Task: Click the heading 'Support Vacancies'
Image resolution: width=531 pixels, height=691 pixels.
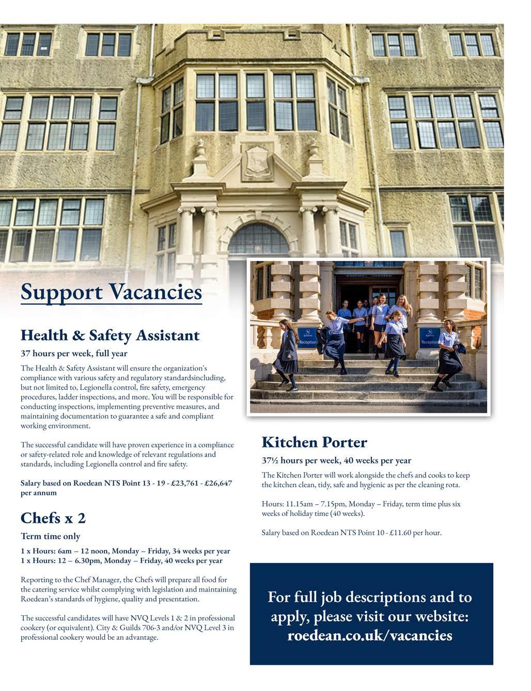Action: pos(111,292)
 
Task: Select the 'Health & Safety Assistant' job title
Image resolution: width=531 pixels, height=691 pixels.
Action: pos(110,335)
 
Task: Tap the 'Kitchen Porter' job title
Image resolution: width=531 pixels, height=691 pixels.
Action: pos(314,442)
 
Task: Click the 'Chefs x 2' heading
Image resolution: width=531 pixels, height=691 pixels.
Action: pos(53,518)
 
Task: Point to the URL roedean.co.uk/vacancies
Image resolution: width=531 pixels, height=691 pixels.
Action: pos(369,635)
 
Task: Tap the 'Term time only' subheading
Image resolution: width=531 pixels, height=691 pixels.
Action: pos(51,536)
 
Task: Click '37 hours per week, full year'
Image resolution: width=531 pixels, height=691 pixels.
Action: pos(74,354)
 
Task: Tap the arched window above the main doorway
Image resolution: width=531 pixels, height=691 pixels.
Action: pos(258,240)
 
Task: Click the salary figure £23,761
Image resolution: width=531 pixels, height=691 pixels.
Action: pos(172,484)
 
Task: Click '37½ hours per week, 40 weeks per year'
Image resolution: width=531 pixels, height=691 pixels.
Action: pos(336,460)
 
